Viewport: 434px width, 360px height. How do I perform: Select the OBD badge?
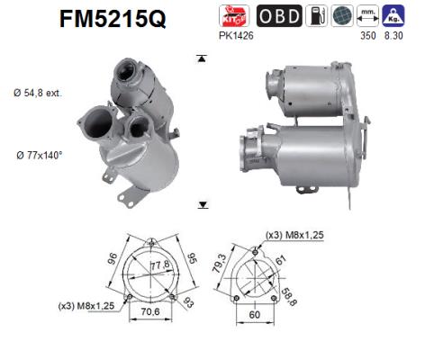point(279,15)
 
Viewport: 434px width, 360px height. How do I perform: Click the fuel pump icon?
point(317,15)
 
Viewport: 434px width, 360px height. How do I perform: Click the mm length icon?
point(366,15)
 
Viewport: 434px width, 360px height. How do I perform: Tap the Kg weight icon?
point(392,15)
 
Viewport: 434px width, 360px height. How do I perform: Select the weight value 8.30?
point(393,35)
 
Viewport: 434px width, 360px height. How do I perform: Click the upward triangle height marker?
point(203,58)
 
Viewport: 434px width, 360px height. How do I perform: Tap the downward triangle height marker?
point(203,204)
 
